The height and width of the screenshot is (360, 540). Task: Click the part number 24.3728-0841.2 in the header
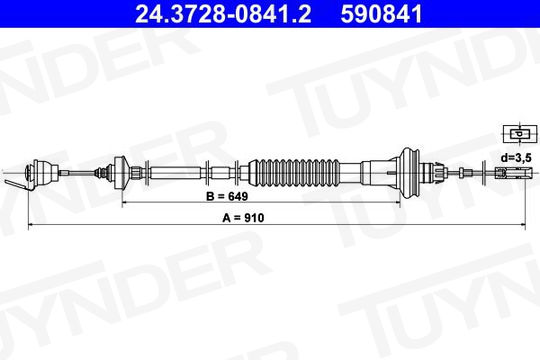coord(223,14)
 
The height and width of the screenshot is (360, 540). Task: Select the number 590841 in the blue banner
coord(381,14)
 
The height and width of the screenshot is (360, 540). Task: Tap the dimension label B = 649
coord(227,196)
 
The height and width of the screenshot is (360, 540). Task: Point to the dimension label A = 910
coord(243,218)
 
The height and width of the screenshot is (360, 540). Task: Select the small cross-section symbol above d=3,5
coord(520,134)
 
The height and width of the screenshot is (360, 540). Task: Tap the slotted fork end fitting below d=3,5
coord(510,172)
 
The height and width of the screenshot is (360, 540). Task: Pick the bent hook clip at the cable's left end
coord(17,185)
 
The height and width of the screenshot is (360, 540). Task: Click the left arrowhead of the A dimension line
coord(30,225)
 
